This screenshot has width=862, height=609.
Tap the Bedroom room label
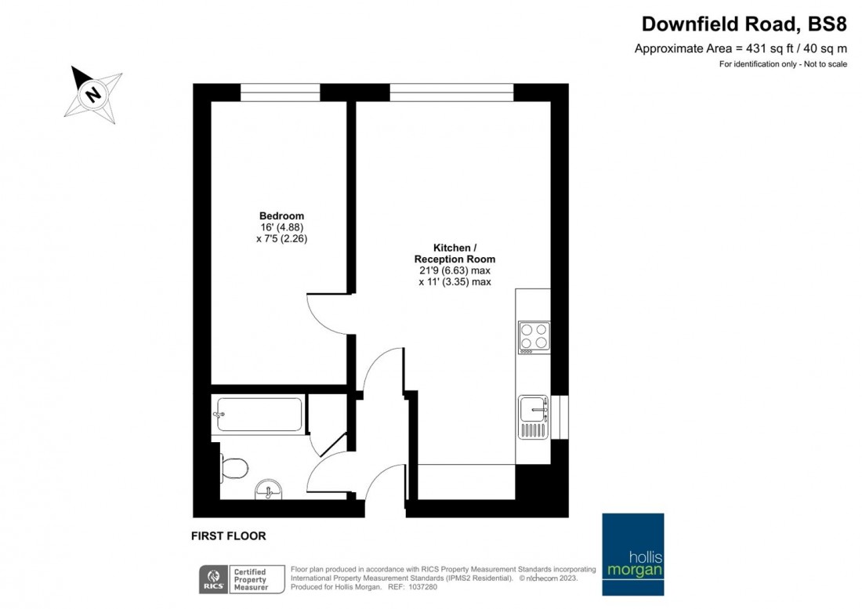pos(281,216)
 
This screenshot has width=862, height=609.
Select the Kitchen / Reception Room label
pos(455,252)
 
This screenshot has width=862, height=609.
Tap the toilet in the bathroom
pos(234,468)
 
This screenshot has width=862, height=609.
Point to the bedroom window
pos(280,92)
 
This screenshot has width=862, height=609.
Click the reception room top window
pos(451,92)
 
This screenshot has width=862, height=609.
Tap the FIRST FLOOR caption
pos(228,536)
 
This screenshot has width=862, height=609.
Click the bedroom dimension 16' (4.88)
pos(281,227)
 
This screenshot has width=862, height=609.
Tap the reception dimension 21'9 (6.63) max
pos(455,270)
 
